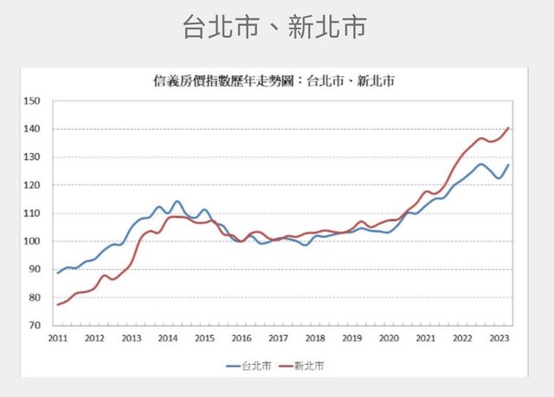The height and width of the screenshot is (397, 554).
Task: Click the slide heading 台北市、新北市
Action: pyautogui.click(x=274, y=26)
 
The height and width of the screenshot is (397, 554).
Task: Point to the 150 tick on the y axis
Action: pyautogui.click(x=34, y=101)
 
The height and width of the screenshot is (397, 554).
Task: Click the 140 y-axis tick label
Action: pyautogui.click(x=34, y=129)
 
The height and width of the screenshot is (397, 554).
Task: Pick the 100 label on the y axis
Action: pyautogui.click(x=34, y=241)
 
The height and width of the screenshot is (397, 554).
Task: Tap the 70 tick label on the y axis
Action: pyautogui.click(x=35, y=325)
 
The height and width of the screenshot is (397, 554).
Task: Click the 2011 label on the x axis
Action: pyautogui.click(x=58, y=338)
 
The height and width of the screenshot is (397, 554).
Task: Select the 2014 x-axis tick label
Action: pyautogui.click(x=169, y=338)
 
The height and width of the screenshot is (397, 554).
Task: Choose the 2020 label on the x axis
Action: pyautogui.click(x=390, y=338)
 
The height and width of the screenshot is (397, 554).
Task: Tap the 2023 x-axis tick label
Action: pyautogui.click(x=500, y=338)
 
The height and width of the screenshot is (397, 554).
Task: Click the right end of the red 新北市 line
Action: pyautogui.click(x=508, y=128)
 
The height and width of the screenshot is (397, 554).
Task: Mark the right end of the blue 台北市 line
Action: pyautogui.click(x=508, y=165)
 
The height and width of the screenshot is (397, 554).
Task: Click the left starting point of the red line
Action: pyautogui.click(x=58, y=304)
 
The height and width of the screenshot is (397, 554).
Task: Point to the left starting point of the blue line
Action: pyautogui.click(x=58, y=273)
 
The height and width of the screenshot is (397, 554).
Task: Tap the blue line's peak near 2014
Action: pyautogui.click(x=177, y=202)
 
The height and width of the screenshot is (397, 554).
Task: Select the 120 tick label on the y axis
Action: pyautogui.click(x=34, y=185)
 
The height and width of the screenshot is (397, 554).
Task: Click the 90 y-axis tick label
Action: pyautogui.click(x=35, y=269)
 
